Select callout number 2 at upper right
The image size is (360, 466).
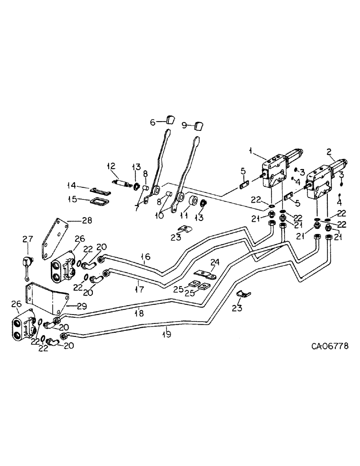(329, 152)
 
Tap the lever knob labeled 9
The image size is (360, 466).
(200, 125)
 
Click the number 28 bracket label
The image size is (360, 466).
(87, 220)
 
